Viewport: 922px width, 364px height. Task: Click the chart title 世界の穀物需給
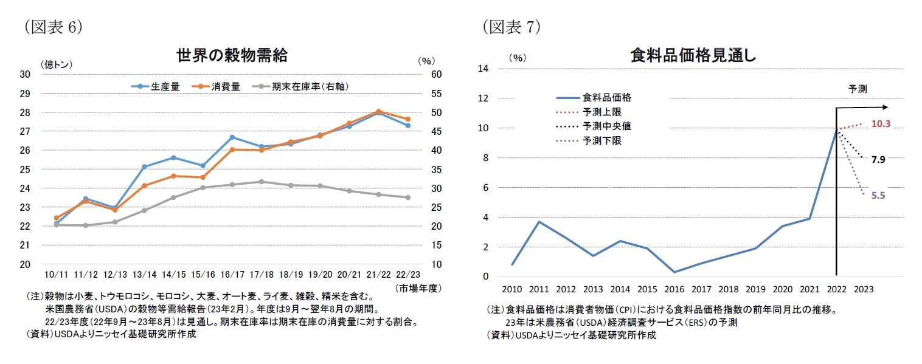tap(232, 57)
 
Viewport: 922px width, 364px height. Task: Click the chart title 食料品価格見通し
tap(693, 57)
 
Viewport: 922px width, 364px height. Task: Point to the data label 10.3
tap(881, 123)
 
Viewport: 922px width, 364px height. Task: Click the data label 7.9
tap(878, 160)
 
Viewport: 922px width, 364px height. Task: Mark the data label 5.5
tap(878, 196)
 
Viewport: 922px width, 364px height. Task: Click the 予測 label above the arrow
tap(858, 89)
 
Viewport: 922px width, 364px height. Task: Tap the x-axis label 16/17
tap(232, 275)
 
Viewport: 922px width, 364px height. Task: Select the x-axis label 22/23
tap(408, 275)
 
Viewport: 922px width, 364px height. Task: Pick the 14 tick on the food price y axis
tap(484, 69)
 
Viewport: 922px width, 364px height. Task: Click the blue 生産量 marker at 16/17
tap(232, 137)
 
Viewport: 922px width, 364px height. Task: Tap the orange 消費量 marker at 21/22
tap(378, 111)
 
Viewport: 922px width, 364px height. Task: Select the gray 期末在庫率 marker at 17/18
tap(261, 182)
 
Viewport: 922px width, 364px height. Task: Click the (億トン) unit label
tap(57, 63)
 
